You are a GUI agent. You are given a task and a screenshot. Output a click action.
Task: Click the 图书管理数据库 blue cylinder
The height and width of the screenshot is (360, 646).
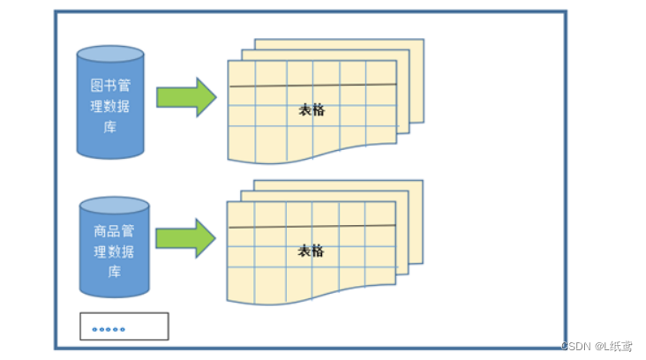tap(109, 101)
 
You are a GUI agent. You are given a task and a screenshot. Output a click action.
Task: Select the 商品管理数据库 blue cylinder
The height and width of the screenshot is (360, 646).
tap(114, 247)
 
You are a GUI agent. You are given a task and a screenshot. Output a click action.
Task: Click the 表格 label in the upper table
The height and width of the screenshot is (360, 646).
tap(312, 109)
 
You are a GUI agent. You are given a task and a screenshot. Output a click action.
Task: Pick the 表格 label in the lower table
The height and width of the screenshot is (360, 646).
tap(311, 251)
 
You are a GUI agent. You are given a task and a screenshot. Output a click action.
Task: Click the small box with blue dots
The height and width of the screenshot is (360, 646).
tap(124, 326)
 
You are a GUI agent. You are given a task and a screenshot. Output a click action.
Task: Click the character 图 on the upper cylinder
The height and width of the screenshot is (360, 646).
tap(98, 86)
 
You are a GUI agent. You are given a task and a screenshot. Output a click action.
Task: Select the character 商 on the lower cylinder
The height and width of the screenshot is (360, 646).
tap(100, 232)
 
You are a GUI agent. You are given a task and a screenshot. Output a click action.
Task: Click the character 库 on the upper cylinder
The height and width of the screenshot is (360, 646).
tap(110, 126)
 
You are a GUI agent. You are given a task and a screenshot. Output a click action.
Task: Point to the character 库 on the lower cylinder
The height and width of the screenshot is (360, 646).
tap(113, 272)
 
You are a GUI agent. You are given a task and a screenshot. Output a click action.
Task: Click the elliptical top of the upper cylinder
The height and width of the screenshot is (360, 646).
tap(109, 55)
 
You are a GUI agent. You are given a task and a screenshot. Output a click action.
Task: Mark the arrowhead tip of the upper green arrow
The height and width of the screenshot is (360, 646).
tap(215, 97)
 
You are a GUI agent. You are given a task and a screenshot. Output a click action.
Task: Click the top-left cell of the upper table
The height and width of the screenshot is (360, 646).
tap(241, 72)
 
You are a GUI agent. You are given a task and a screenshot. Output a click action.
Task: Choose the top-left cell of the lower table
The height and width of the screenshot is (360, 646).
tap(241, 214)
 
